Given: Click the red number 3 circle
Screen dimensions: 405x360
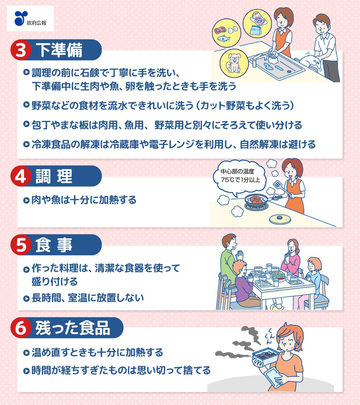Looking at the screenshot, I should click(x=21, y=50).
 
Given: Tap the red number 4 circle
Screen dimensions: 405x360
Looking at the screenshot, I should click(x=21, y=176).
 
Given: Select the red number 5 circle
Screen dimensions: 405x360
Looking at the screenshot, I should click(x=21, y=245).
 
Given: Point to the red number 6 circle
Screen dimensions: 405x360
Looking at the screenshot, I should click(x=21, y=328).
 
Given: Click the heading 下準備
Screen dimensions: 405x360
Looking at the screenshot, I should click(x=59, y=50).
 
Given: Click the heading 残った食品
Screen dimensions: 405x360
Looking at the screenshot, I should click(x=73, y=328).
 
